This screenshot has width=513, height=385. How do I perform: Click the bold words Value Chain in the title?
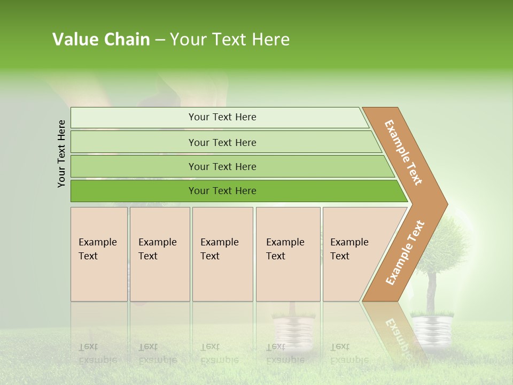[101, 40]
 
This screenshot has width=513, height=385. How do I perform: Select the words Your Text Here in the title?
[230, 40]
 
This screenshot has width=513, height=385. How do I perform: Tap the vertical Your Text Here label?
[61, 154]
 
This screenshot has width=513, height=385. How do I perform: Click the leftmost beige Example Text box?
[99, 254]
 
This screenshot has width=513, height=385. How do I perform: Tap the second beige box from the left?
[160, 254]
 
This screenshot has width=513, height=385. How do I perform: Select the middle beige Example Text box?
[222, 254]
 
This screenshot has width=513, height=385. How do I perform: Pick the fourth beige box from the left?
[288, 254]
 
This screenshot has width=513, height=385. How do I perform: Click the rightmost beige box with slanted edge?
[353, 254]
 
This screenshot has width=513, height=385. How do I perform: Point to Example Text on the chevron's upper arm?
[403, 152]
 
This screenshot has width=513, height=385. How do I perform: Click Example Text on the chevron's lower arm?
[405, 253]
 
